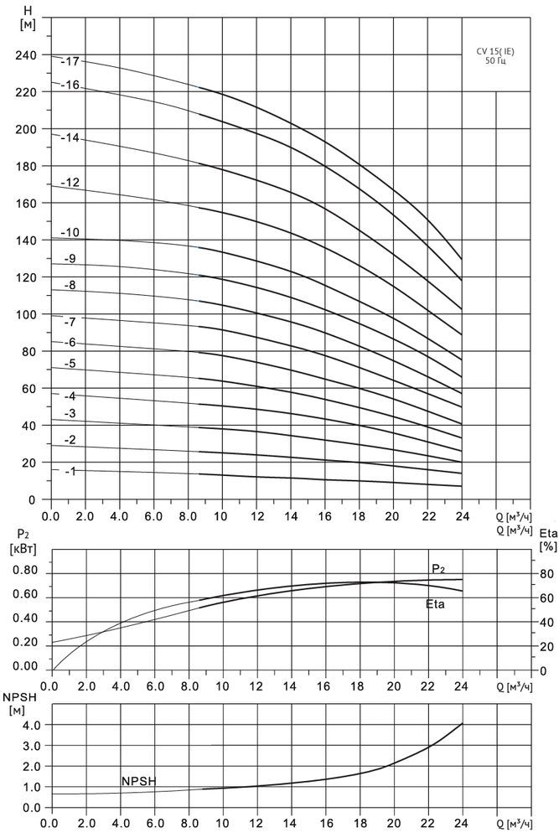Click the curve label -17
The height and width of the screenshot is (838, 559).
click(70, 61)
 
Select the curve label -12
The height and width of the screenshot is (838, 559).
click(70, 183)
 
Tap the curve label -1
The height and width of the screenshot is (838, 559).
click(70, 473)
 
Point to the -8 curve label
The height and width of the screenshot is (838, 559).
click(70, 285)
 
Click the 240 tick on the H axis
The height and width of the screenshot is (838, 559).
click(25, 55)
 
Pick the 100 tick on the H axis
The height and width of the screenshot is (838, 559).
click(25, 315)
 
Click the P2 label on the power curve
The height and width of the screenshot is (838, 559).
click(437, 569)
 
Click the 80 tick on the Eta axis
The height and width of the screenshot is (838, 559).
click(543, 574)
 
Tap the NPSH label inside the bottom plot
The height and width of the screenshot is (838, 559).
click(139, 781)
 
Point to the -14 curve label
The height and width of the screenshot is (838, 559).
click(70, 137)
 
